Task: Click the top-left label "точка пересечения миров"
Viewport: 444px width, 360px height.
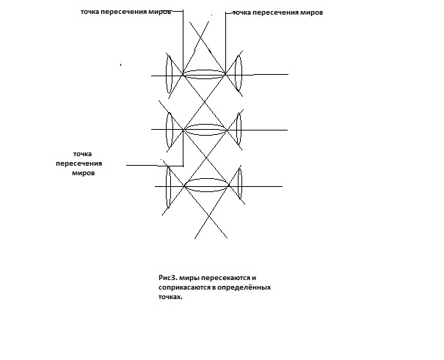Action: coord(126,12)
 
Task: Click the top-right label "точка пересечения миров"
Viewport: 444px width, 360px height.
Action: coord(278,12)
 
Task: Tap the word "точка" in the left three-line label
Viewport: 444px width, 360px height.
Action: coord(82,154)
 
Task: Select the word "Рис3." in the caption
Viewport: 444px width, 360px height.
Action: coord(168,278)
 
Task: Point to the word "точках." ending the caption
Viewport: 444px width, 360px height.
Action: coord(170,297)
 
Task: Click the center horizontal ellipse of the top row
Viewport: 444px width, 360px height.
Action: coord(204,74)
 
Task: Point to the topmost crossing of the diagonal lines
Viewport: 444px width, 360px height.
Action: coord(200,37)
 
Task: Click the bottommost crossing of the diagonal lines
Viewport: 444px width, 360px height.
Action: coord(209,216)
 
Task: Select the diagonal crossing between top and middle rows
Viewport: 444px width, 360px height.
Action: coord(205,101)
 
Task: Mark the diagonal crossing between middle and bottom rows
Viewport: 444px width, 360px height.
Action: coord(206,158)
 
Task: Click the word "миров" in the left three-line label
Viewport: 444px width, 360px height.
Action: coord(83,173)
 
